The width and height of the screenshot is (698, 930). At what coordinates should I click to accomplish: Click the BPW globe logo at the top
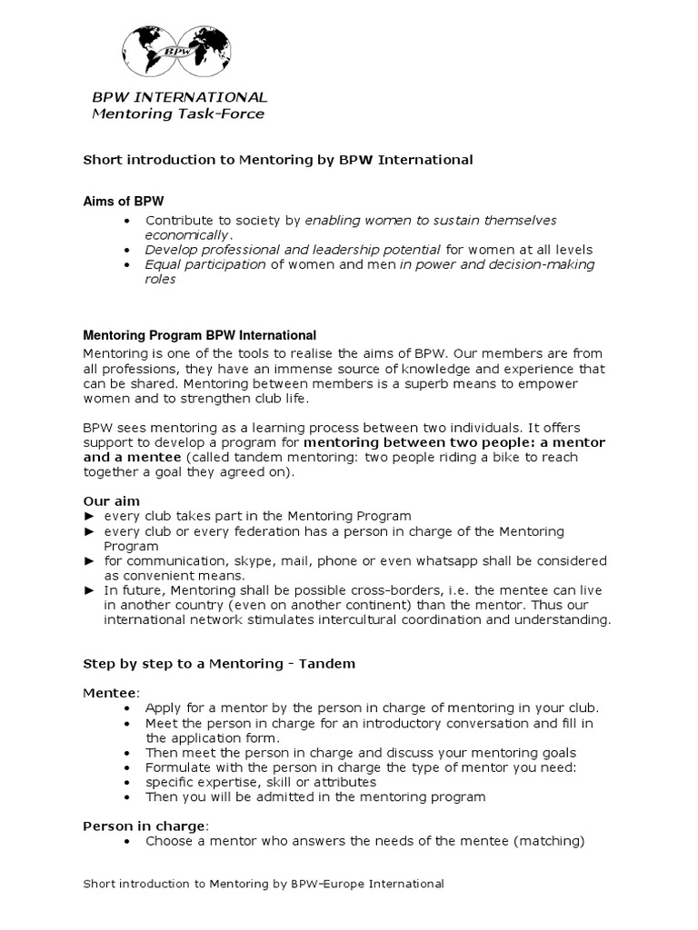[x=177, y=53]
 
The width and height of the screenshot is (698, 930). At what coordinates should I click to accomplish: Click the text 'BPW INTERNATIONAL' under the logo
[x=180, y=97]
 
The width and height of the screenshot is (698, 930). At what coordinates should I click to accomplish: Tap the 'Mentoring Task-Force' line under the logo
[x=178, y=114]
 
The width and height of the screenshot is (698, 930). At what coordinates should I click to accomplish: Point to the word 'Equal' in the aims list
[x=163, y=264]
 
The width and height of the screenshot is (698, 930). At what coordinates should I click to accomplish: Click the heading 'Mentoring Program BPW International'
[x=199, y=334]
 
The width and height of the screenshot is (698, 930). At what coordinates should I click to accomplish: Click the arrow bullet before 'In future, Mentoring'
[x=89, y=590]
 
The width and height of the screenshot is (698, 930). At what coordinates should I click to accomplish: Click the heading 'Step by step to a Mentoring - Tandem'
[x=219, y=664]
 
